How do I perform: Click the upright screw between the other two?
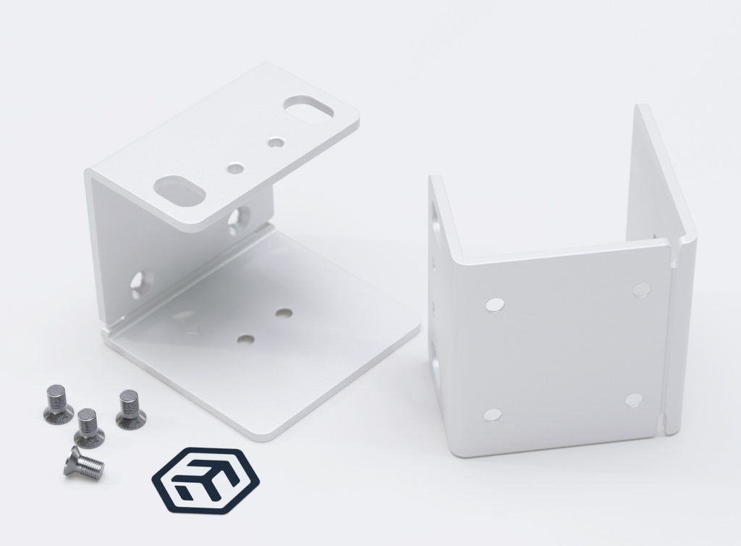[89, 427]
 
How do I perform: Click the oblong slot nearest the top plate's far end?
[308, 107]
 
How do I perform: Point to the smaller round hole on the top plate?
[275, 143]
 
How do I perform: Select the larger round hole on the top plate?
[236, 168]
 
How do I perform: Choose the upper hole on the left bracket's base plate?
[284, 314]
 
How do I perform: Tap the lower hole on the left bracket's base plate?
[246, 338]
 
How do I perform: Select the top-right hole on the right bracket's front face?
[641, 290]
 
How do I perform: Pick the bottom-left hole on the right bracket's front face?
[492, 415]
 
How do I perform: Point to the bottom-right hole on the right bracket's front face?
[634, 400]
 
